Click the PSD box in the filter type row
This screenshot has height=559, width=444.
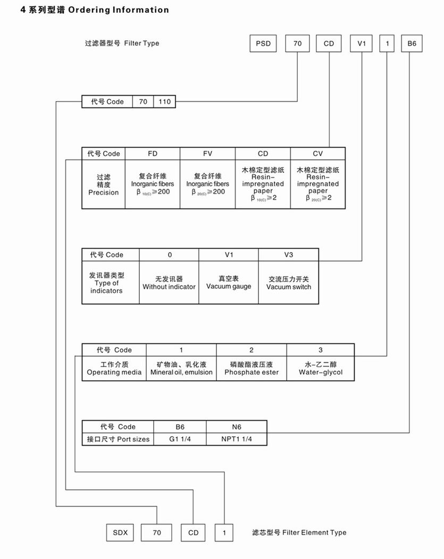click(263, 44)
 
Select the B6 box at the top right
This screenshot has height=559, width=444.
click(412, 44)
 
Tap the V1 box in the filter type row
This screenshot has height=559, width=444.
click(362, 44)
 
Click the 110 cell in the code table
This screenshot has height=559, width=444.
click(165, 102)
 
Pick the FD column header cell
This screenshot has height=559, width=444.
click(153, 154)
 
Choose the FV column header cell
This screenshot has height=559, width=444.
click(207, 154)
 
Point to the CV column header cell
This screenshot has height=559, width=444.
click(317, 154)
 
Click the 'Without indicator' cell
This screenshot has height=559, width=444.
click(169, 283)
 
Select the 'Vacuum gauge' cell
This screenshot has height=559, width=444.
click(229, 283)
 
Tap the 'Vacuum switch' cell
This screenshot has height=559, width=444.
click(289, 283)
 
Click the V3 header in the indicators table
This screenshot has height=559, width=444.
click(289, 255)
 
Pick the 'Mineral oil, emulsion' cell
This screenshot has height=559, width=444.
click(181, 369)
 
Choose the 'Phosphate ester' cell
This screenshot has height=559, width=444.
click(252, 369)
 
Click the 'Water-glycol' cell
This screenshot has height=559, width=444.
click(320, 369)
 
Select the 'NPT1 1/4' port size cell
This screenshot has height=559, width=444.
click(237, 439)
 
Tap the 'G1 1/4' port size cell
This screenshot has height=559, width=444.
click(180, 439)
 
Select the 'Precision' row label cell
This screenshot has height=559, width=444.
click(104, 185)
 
